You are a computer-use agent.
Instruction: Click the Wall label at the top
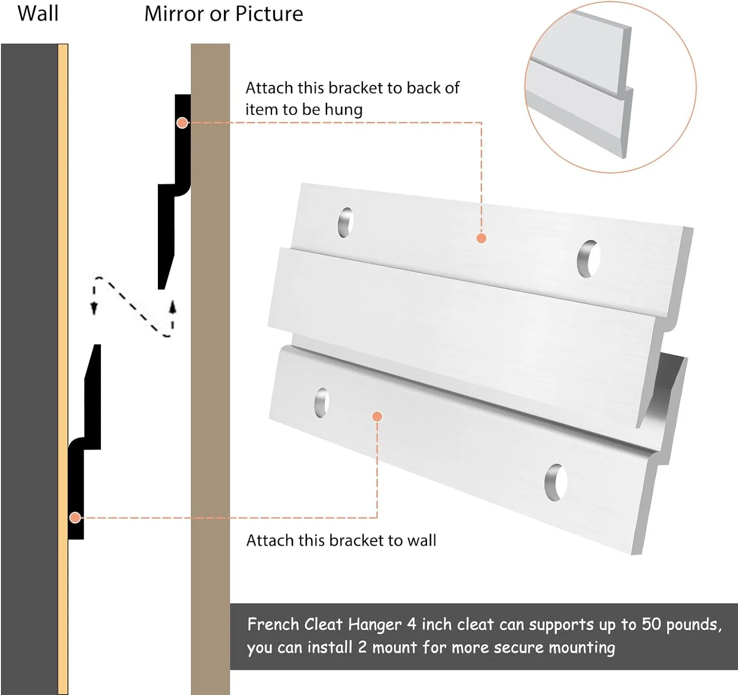tap(38, 14)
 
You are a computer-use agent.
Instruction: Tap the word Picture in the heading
tap(269, 14)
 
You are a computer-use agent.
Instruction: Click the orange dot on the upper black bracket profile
tap(182, 122)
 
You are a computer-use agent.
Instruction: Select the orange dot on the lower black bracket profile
tap(75, 517)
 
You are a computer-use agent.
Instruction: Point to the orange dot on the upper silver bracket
tap(481, 238)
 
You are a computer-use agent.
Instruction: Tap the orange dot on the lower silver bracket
tap(377, 416)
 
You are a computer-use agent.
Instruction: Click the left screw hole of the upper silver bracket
tap(345, 222)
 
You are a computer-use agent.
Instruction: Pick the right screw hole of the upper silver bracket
tap(588, 259)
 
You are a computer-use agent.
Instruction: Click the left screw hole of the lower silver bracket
tap(321, 402)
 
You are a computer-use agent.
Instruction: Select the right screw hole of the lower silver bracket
tap(555, 483)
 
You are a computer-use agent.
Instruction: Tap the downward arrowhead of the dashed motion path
tap(94, 308)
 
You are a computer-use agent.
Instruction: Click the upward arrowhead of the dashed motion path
tap(172, 306)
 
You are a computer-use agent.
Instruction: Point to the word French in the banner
tap(273, 624)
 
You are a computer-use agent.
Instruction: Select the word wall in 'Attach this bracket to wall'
tap(421, 541)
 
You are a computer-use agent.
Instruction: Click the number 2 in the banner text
tap(362, 648)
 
